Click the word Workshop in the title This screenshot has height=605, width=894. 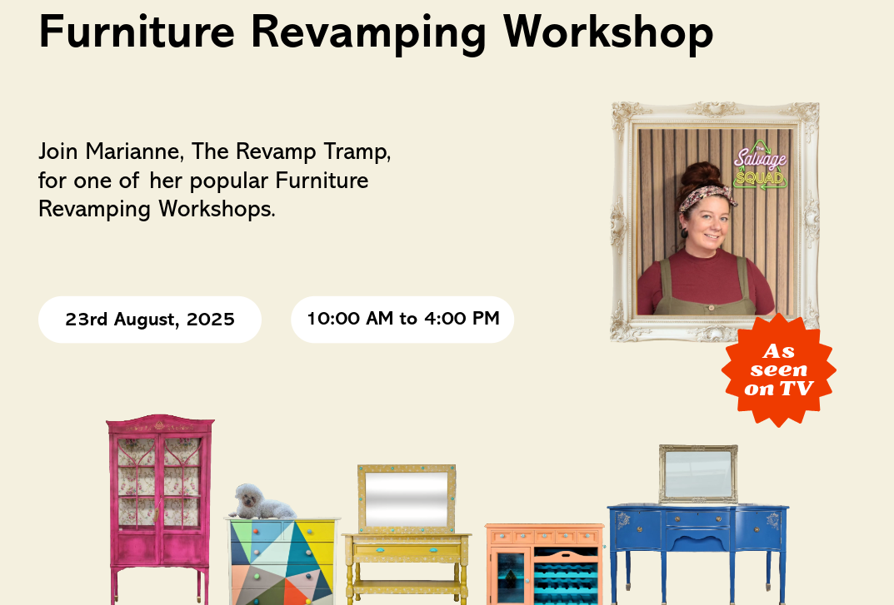(608, 32)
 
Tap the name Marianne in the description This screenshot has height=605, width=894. (133, 152)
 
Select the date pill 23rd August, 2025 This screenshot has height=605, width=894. (150, 320)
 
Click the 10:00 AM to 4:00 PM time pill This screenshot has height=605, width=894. (402, 319)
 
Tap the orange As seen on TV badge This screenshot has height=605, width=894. (778, 370)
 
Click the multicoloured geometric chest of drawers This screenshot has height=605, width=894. (282, 562)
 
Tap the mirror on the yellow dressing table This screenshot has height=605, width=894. (407, 498)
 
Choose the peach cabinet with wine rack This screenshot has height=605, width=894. (545, 564)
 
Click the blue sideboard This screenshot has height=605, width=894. (697, 533)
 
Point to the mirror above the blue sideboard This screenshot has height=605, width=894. (698, 473)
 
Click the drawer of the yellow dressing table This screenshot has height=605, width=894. (407, 550)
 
